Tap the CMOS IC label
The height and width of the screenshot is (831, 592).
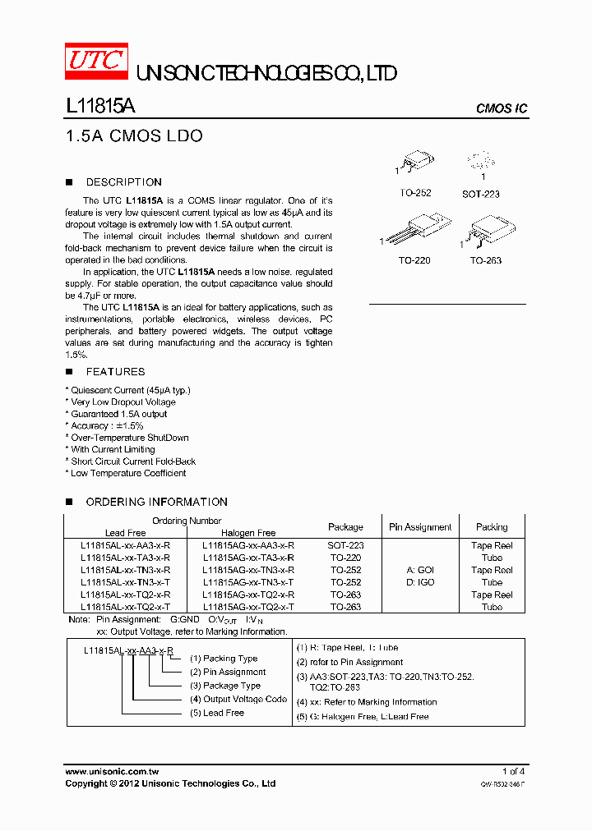(501, 109)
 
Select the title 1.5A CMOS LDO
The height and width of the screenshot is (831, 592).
(133, 135)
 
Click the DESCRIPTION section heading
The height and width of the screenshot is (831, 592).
(123, 182)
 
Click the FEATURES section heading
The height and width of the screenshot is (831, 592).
(115, 372)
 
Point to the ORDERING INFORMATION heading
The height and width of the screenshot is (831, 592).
(156, 502)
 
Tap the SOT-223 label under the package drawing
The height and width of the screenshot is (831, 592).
(481, 194)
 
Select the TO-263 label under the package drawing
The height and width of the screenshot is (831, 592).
(486, 260)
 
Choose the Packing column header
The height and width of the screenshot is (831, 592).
(492, 527)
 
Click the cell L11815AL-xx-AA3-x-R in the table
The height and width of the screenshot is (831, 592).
(126, 545)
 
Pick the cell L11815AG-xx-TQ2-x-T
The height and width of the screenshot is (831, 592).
(248, 607)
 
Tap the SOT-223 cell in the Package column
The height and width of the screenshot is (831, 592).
(346, 545)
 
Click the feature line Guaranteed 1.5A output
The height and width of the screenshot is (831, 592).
(118, 414)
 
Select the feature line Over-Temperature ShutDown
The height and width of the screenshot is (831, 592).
(130, 438)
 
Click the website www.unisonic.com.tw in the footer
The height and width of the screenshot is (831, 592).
(112, 772)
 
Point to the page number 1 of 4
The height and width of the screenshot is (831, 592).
(513, 772)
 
